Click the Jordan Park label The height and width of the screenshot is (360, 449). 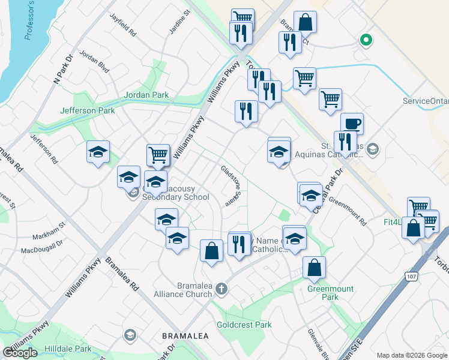(146, 95)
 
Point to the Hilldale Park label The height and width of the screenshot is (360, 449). (67, 349)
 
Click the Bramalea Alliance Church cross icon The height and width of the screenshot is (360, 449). (221, 289)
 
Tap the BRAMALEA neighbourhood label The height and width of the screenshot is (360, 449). (185, 336)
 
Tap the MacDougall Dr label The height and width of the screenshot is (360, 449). (42, 247)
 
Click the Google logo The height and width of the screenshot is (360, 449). (20, 353)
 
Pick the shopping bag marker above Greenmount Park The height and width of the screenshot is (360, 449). (314, 269)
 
